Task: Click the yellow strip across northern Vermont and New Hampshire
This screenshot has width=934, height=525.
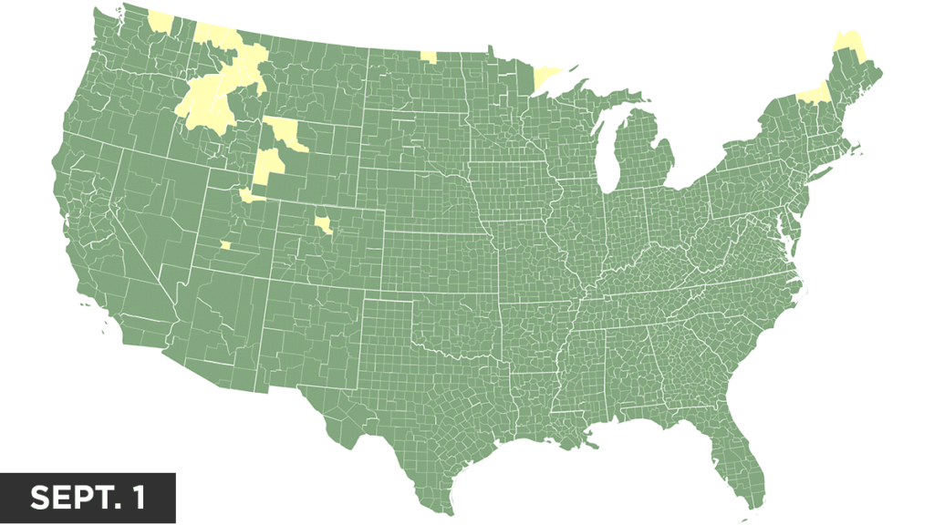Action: click(x=815, y=92)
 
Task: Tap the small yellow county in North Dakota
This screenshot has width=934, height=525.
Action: click(x=428, y=57)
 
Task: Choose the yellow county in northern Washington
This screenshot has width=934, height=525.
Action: click(x=161, y=21)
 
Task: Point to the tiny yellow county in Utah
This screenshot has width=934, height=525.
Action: click(x=225, y=244)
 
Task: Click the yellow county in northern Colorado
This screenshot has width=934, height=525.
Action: click(x=323, y=223)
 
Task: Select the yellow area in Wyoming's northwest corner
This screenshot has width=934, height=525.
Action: click(x=285, y=133)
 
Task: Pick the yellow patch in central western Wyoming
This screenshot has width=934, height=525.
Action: click(x=268, y=165)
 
